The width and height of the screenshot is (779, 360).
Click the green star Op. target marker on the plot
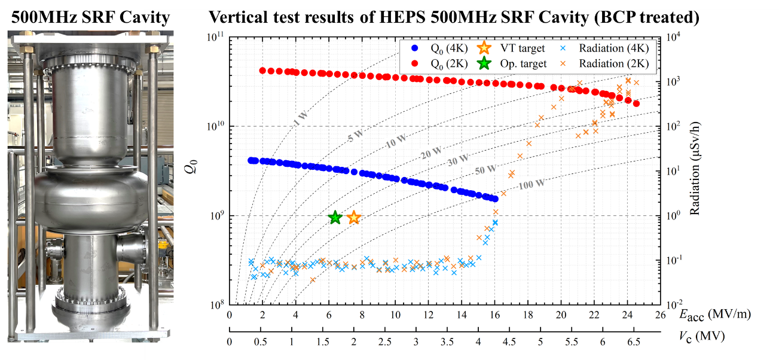[335, 218]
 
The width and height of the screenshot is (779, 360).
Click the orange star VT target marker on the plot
[354, 218]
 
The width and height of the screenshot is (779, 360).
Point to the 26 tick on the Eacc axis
[661, 315]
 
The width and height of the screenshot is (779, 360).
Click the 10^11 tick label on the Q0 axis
[215, 37]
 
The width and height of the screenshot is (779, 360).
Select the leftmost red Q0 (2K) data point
[262, 71]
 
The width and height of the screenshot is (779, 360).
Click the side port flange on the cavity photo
[130, 246]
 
